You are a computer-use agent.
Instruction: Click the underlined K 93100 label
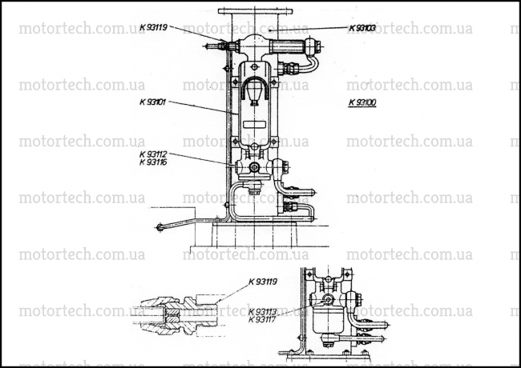pyautogui.click(x=362, y=102)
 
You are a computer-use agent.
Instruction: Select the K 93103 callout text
pyautogui.click(x=362, y=28)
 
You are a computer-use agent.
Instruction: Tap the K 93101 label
pyautogui.click(x=152, y=102)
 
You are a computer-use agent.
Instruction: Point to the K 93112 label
pyautogui.click(x=153, y=154)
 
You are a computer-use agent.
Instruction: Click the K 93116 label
pyautogui.click(x=153, y=162)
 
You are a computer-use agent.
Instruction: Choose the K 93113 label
pyautogui.click(x=262, y=312)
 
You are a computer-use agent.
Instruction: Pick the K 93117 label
pyautogui.click(x=262, y=320)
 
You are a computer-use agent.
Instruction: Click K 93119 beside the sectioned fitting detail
pyautogui.click(x=262, y=282)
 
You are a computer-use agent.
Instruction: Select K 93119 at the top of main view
pyautogui.click(x=153, y=27)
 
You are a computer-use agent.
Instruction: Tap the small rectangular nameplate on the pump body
pyautogui.click(x=254, y=124)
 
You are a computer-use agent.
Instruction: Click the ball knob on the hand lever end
pyautogui.click(x=160, y=228)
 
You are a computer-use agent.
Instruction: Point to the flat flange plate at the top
pyautogui.click(x=255, y=11)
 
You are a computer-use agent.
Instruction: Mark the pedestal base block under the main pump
pyautogui.click(x=254, y=234)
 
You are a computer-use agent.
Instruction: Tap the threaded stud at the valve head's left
pyautogui.click(x=216, y=46)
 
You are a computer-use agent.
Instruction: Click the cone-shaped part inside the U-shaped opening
pyautogui.click(x=255, y=90)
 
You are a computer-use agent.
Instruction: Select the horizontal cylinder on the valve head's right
pyautogui.click(x=287, y=46)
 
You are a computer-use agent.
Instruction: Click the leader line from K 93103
pyautogui.click(x=309, y=29)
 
